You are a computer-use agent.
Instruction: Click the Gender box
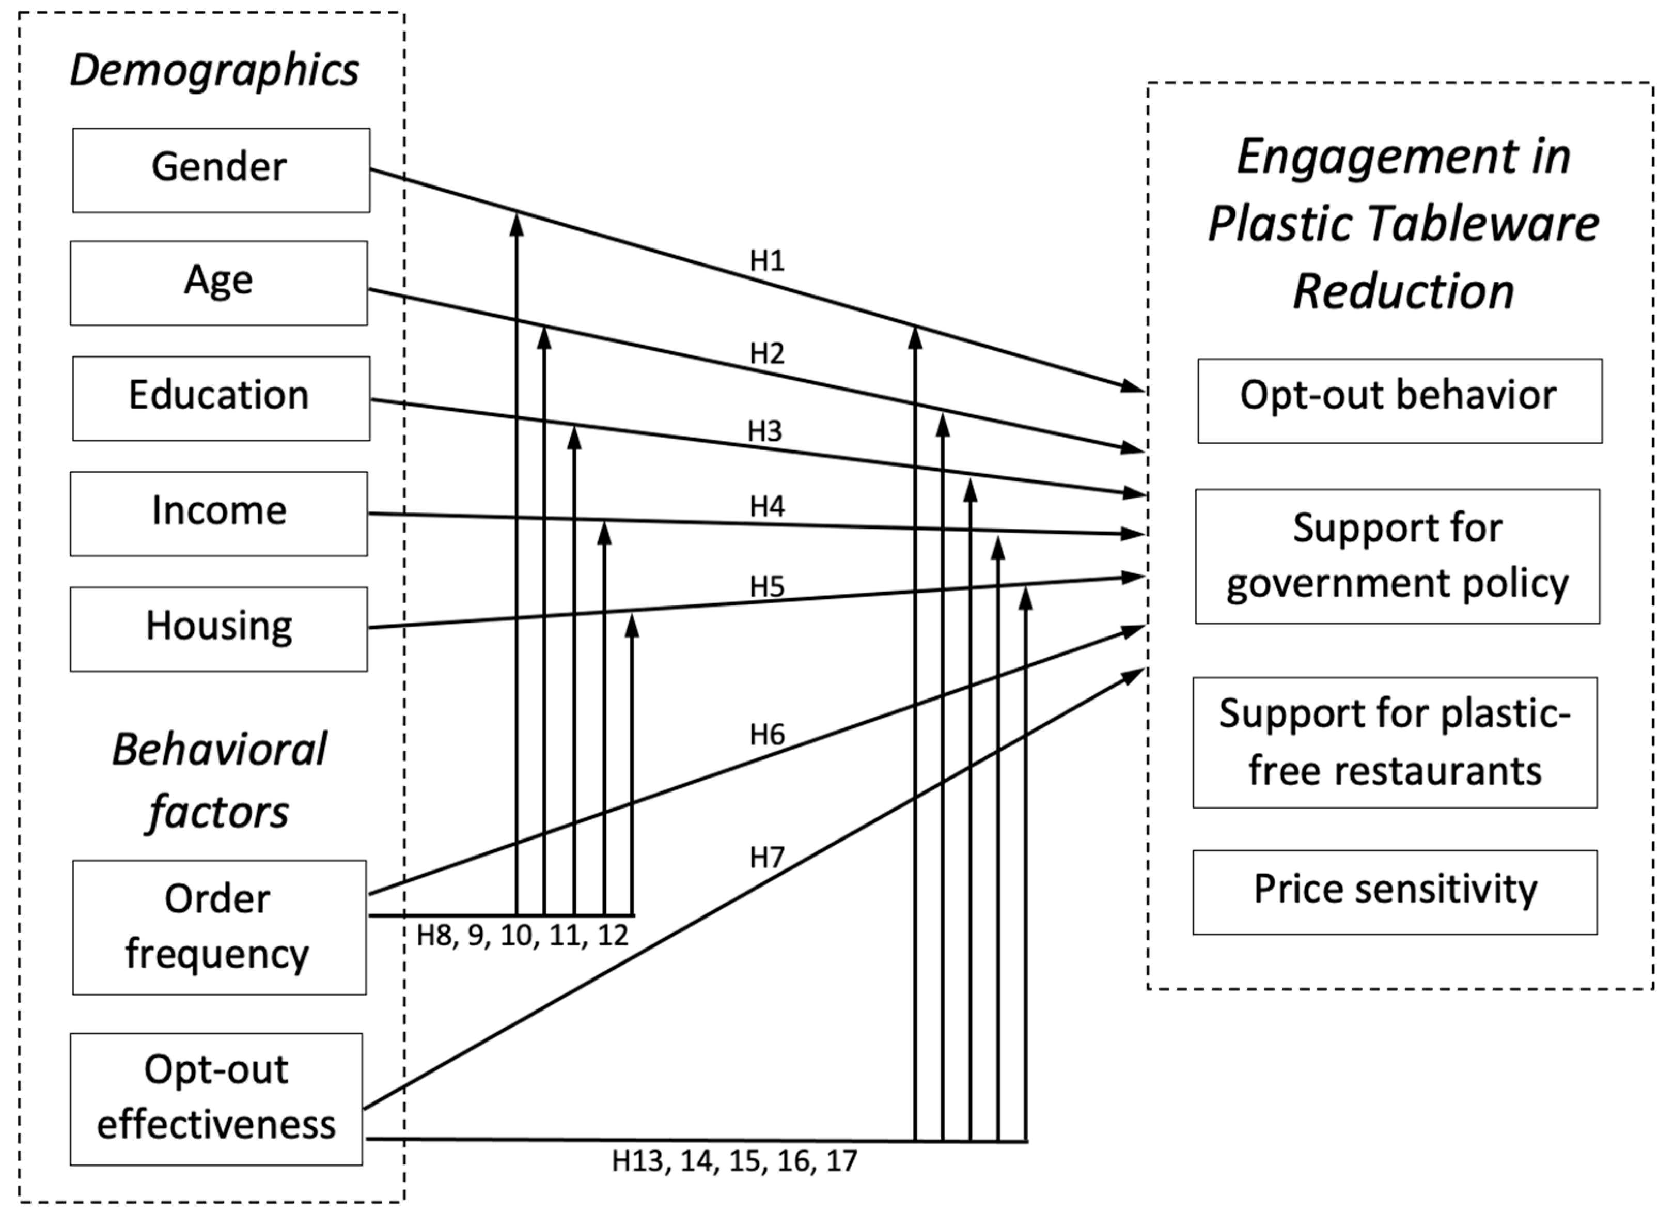click(x=221, y=170)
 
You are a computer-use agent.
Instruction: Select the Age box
click(x=218, y=283)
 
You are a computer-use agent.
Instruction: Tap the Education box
click(x=221, y=399)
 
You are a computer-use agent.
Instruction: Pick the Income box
click(x=218, y=514)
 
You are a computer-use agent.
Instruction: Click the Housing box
click(x=218, y=629)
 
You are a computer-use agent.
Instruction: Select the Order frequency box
click(x=218, y=927)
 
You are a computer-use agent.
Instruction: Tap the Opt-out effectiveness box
click(x=216, y=1099)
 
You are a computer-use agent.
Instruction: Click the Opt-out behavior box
click(x=1399, y=401)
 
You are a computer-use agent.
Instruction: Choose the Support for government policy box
click(x=1397, y=556)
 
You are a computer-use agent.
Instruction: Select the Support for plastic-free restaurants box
click(x=1395, y=742)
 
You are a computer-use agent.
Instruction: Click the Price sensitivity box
click(x=1395, y=892)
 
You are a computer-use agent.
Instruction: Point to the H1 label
click(x=767, y=260)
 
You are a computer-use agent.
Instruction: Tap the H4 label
click(x=767, y=506)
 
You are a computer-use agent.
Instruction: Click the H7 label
click(x=767, y=857)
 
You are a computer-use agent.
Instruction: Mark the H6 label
click(x=767, y=735)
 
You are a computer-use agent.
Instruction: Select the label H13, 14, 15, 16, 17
click(x=734, y=1161)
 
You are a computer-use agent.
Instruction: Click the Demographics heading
click(x=214, y=70)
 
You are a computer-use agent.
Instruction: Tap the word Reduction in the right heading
click(x=1403, y=291)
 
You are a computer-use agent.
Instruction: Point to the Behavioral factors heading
click(x=218, y=781)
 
